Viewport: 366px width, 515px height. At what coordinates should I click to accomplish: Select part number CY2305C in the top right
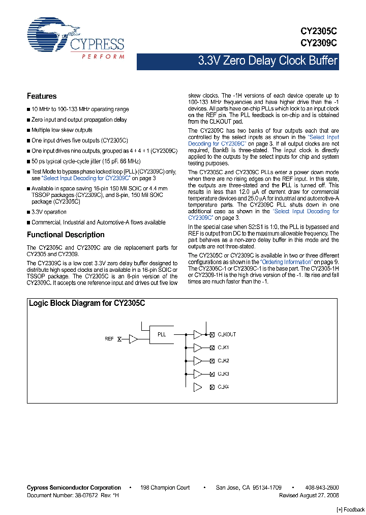tap(319, 31)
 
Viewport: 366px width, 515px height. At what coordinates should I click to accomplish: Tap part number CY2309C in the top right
tap(319, 43)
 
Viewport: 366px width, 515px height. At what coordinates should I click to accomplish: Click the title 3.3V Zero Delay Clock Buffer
tap(267, 62)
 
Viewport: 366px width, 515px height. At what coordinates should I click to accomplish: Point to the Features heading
tap(42, 96)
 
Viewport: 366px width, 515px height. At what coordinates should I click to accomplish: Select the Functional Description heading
tap(66, 235)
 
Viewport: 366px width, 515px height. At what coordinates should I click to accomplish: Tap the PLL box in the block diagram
tap(162, 335)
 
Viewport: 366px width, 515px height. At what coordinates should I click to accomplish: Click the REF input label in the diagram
tap(109, 338)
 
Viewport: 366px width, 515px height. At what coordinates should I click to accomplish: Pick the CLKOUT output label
tap(227, 335)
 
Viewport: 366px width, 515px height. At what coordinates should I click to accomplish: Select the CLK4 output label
tap(223, 387)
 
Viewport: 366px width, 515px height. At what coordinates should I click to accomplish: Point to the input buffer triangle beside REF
tap(133, 338)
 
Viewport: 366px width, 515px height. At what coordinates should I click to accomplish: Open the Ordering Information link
tap(286, 262)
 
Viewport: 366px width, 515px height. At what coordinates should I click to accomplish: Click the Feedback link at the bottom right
tap(351, 509)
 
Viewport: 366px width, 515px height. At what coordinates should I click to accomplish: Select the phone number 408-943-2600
tap(321, 488)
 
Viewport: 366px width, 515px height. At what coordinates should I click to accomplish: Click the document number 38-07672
tap(84, 495)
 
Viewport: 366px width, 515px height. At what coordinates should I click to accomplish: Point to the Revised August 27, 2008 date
tap(309, 495)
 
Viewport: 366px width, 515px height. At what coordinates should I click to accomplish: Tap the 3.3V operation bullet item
tap(49, 212)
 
